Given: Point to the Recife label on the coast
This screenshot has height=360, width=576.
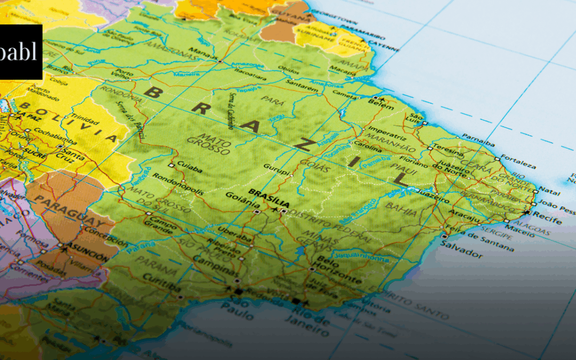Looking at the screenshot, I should pos(550,218).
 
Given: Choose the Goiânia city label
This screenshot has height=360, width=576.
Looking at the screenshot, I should pos(237,200).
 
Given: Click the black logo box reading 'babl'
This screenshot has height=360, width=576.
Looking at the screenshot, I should pos(21,52).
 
